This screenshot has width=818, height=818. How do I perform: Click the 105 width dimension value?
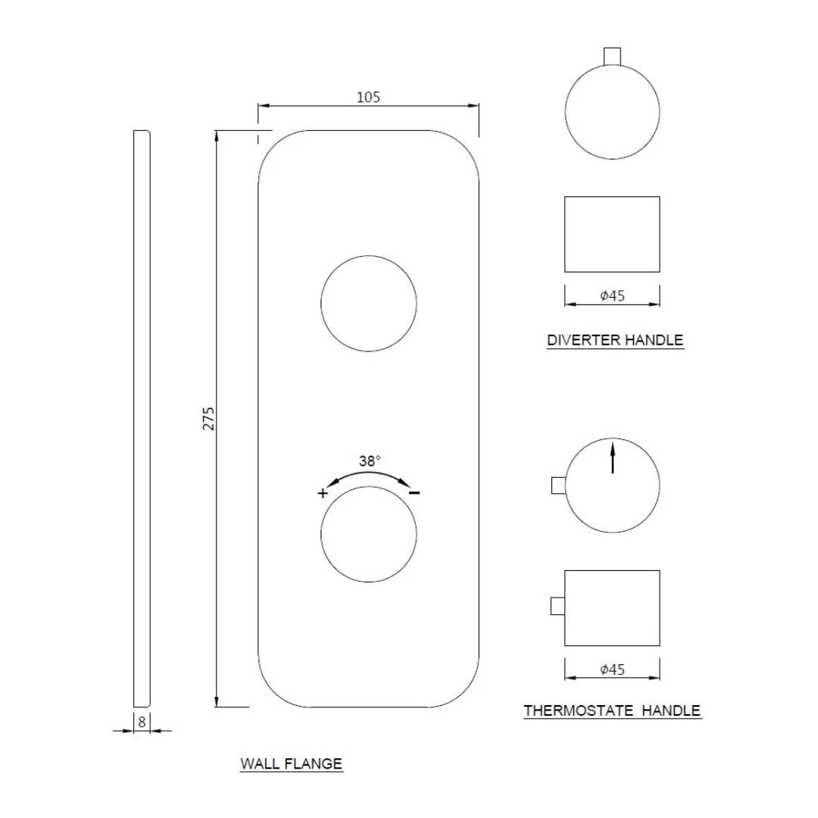368,98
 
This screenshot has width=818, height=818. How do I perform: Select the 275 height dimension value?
208,418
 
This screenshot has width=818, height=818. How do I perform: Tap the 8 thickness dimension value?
142,723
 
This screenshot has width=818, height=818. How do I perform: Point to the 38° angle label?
370,461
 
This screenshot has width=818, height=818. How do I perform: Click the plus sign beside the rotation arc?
323,493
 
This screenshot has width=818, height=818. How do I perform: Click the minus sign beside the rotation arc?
414,492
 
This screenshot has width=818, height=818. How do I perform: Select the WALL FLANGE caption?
291,763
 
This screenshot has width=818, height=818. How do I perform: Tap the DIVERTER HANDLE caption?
615,340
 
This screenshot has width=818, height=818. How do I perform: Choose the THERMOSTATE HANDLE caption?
613,710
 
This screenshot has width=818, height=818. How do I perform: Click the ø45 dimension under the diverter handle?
613,296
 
